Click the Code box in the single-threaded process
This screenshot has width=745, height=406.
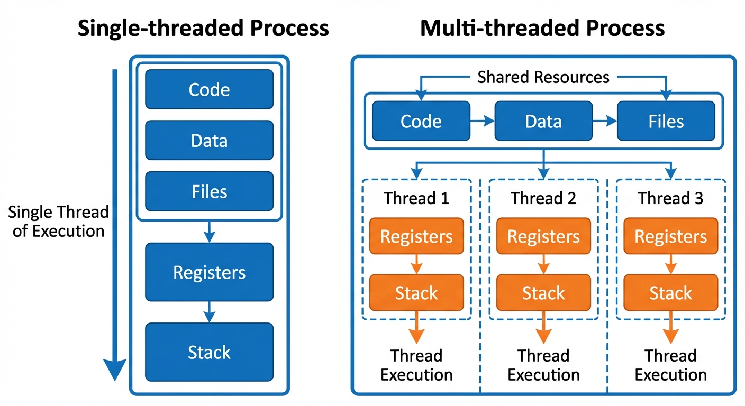[209, 89]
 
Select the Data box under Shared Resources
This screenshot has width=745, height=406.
[543, 121]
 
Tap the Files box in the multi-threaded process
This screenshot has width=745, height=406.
[666, 121]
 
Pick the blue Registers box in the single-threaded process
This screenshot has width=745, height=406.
[209, 272]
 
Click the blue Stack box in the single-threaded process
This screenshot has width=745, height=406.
[209, 352]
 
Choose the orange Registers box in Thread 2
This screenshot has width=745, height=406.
[543, 236]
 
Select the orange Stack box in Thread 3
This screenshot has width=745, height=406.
[670, 292]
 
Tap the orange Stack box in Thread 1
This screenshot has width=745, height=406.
[416, 292]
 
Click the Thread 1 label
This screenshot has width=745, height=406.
[416, 198]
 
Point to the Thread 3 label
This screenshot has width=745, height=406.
[670, 198]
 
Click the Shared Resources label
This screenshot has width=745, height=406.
[543, 77]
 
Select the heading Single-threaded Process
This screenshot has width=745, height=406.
[203, 27]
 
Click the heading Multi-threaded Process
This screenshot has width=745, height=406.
[542, 27]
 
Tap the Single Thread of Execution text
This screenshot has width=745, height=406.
[58, 222]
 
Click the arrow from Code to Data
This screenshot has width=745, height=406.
[482, 121]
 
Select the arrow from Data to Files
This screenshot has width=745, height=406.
[605, 121]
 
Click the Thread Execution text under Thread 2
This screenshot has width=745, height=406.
[543, 365]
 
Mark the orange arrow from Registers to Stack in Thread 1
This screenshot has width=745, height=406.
[416, 264]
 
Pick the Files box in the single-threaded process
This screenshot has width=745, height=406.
[209, 191]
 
